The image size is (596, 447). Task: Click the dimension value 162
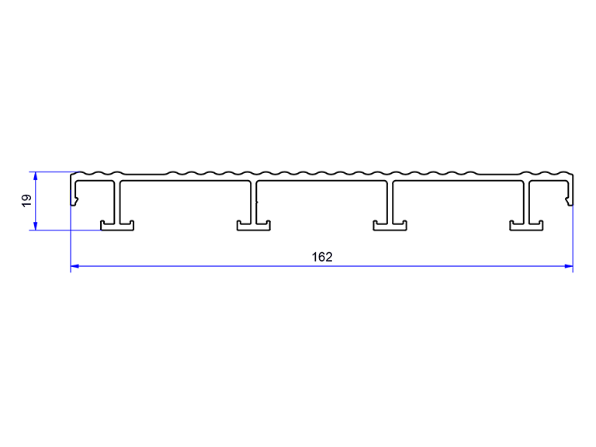(x=322, y=258)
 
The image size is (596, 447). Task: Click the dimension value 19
(x=27, y=201)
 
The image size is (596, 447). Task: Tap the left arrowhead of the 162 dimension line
(x=74, y=266)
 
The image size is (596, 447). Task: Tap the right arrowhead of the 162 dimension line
(x=569, y=266)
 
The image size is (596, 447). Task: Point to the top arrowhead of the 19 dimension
(x=36, y=175)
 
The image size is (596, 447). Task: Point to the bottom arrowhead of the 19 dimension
(x=36, y=226)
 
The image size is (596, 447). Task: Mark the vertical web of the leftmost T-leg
(x=117, y=202)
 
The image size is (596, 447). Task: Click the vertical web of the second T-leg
(x=254, y=202)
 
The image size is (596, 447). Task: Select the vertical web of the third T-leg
(x=390, y=202)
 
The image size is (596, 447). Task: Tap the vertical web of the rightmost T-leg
(x=526, y=202)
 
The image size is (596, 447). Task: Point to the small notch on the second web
(x=257, y=202)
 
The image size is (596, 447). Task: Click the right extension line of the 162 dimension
(x=573, y=239)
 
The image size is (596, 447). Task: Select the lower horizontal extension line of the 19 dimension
(x=65, y=230)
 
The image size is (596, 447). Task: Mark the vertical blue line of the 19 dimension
(x=36, y=201)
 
